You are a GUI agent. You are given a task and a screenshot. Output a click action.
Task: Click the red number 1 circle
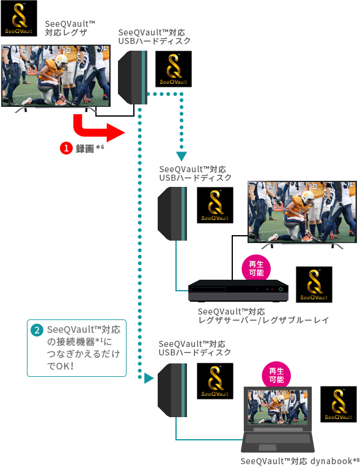66,148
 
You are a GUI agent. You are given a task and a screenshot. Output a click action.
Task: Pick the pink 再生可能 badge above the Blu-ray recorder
253,269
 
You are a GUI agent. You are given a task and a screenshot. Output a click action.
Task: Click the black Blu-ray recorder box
238,290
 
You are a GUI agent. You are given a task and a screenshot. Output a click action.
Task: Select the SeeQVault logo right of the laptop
339,404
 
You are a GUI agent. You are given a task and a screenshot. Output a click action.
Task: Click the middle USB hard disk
172,213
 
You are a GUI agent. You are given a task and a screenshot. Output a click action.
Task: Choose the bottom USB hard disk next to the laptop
172,390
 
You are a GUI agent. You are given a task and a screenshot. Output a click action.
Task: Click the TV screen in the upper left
56,76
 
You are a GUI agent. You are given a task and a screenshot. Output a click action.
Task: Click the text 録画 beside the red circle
84,148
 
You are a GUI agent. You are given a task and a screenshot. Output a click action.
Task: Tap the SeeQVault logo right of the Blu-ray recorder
314,285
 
